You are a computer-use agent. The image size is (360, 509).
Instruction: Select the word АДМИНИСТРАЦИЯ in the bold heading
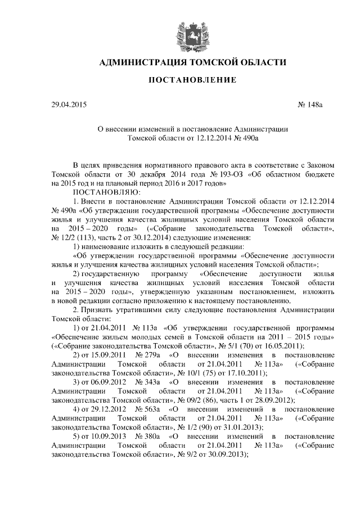click(143, 62)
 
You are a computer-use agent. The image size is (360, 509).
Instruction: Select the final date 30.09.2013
click(228, 454)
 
